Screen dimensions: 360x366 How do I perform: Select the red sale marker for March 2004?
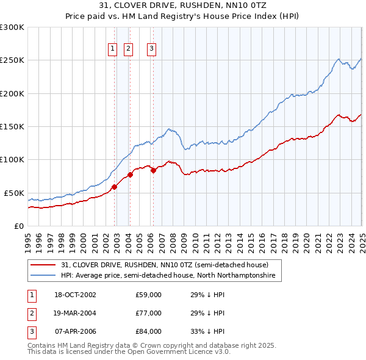(x=130, y=175)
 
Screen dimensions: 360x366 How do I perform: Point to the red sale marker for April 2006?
(x=153, y=170)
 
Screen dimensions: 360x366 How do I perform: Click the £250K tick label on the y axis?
(x=12, y=60)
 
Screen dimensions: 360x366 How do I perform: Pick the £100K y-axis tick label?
(x=12, y=159)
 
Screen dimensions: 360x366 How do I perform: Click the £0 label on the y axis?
(x=18, y=226)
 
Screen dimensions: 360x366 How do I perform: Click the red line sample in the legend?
(x=43, y=265)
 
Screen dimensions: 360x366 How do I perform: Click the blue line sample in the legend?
(x=43, y=276)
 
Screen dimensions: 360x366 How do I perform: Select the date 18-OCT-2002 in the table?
(x=76, y=295)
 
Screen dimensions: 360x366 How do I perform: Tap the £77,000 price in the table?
(x=149, y=313)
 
